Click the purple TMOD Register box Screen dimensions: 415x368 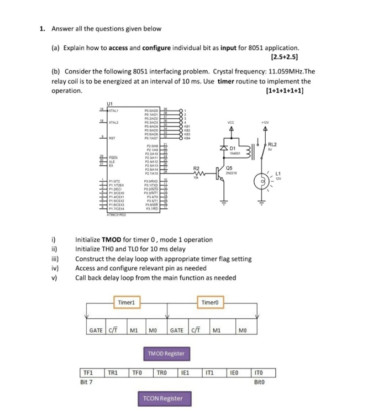point(166,353)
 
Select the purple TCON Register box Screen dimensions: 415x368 point(162,398)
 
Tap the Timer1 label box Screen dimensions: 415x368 point(126,302)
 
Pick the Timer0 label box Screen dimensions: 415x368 point(210,302)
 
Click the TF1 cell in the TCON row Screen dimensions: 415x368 point(88,372)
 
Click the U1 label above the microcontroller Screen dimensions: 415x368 point(109,103)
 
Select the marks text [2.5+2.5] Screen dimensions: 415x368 point(285,56)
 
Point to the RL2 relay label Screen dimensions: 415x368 point(272,144)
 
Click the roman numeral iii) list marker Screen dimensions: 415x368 point(55,259)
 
